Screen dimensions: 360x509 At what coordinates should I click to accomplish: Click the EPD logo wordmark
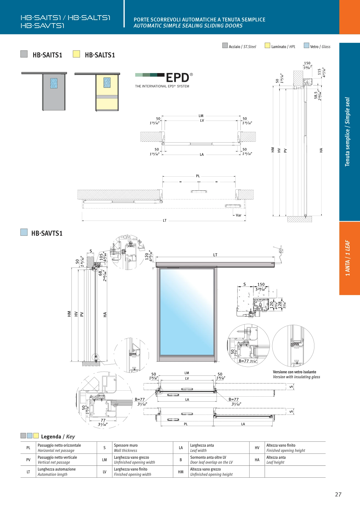(x=178, y=78)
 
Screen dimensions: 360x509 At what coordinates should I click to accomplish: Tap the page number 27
(x=338, y=494)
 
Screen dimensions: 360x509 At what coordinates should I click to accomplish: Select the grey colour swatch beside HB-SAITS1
(x=24, y=54)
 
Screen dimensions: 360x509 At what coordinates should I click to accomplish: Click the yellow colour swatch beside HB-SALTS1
(x=76, y=54)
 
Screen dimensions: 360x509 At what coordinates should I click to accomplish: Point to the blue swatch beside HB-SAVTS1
(x=24, y=232)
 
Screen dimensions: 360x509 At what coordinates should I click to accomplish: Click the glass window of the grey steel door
(x=54, y=83)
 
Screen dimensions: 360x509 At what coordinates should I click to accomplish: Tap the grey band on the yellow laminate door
(x=107, y=97)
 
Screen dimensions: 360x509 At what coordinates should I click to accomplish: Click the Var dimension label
(x=239, y=215)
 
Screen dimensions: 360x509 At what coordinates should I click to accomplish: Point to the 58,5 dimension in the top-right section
(x=316, y=95)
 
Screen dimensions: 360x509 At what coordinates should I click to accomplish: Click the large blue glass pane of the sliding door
(x=187, y=312)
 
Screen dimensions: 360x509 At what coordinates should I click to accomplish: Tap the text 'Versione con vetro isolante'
(x=295, y=372)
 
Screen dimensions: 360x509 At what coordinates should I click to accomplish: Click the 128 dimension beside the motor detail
(x=280, y=305)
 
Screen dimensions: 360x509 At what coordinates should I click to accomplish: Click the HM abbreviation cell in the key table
(x=181, y=472)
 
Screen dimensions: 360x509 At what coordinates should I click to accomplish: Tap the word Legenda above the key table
(x=51, y=437)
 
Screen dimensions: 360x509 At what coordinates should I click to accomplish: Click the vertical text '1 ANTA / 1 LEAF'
(x=348, y=258)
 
